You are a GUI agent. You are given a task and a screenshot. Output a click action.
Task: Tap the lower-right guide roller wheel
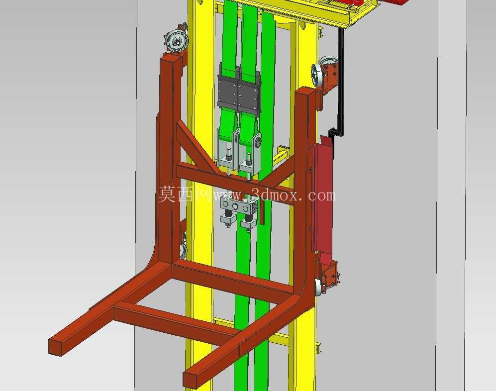click(318, 287)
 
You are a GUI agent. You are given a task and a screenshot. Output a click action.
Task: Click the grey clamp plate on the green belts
click(238, 93)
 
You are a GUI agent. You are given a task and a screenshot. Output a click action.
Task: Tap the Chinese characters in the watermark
click(186, 194)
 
